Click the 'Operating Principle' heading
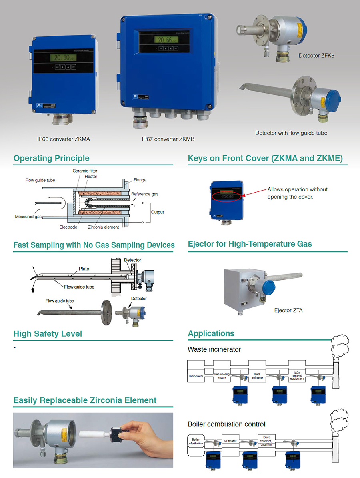[x=51, y=158]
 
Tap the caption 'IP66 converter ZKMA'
[x=64, y=139]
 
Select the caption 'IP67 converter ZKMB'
[x=168, y=139]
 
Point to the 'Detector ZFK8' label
[x=316, y=56]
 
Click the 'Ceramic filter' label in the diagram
[x=85, y=171]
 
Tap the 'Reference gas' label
[x=145, y=194]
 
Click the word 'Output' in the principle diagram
[x=157, y=212]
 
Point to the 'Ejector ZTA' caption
[x=288, y=310]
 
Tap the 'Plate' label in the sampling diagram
[x=84, y=269]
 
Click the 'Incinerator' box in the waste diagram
[x=196, y=376]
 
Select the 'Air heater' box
[x=230, y=441]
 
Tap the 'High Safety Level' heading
[x=48, y=334]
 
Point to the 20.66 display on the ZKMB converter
[x=166, y=40]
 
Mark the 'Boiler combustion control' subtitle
[x=226, y=424]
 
